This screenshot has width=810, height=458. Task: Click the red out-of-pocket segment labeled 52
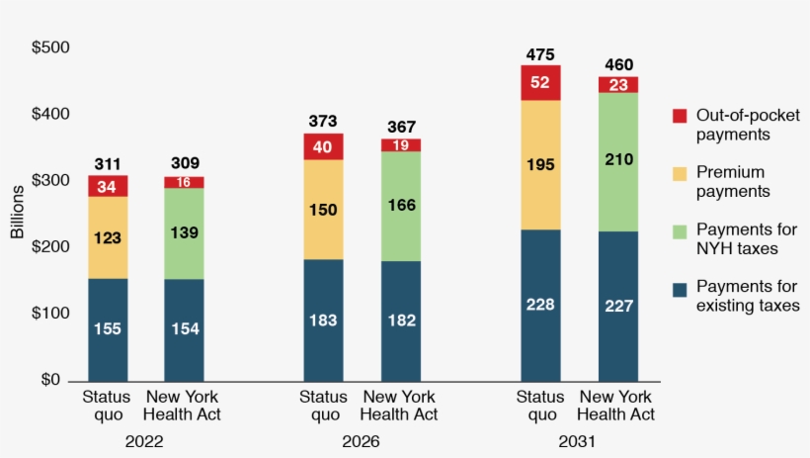(540, 83)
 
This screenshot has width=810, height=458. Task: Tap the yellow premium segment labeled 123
(107, 237)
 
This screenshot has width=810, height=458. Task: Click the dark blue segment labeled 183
(323, 320)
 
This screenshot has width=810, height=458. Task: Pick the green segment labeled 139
(184, 233)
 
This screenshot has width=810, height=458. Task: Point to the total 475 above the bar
(540, 54)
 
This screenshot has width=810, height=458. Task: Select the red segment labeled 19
(401, 145)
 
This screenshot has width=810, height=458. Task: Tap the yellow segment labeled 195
(540, 165)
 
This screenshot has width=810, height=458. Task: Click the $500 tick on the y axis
(50, 47)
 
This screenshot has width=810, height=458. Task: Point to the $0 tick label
(50, 380)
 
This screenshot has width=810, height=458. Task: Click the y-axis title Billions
(17, 215)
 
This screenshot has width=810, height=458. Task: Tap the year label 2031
(578, 441)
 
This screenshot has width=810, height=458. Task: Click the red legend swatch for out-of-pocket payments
(679, 115)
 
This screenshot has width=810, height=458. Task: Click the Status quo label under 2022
(106, 406)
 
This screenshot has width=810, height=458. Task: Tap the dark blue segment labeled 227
(618, 307)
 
